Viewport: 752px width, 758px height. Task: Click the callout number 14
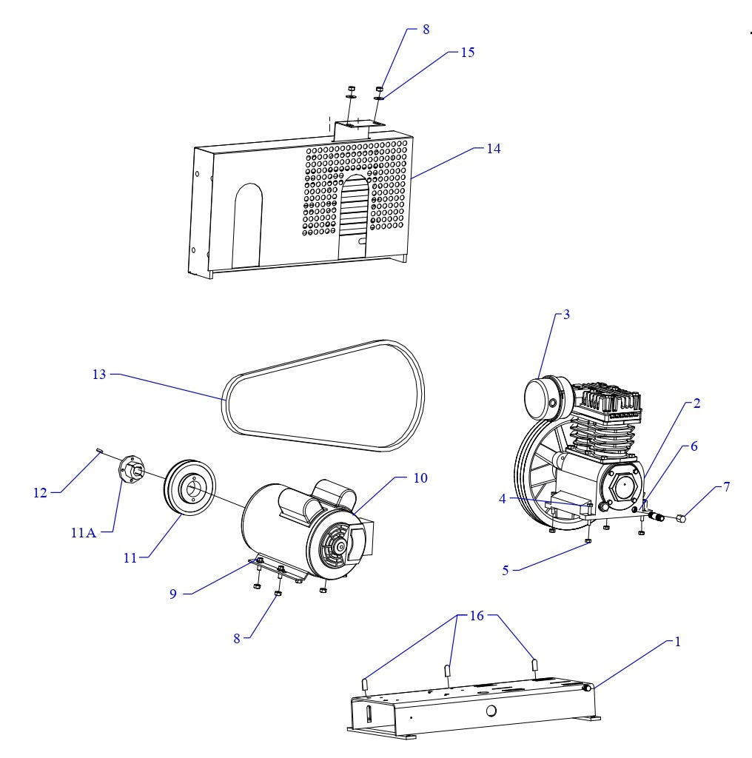click(x=493, y=149)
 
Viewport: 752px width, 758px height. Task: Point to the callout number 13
click(x=99, y=375)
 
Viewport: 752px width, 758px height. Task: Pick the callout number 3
click(x=566, y=315)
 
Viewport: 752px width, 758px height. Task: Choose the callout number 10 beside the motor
click(x=420, y=478)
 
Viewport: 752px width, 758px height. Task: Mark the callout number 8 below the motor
click(x=237, y=639)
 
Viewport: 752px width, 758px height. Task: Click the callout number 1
click(x=677, y=642)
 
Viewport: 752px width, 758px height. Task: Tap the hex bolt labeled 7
click(x=681, y=518)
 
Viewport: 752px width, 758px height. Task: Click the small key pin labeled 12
click(x=98, y=451)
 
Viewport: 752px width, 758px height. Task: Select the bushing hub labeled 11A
click(x=130, y=469)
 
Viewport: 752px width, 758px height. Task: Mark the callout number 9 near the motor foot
click(x=172, y=594)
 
